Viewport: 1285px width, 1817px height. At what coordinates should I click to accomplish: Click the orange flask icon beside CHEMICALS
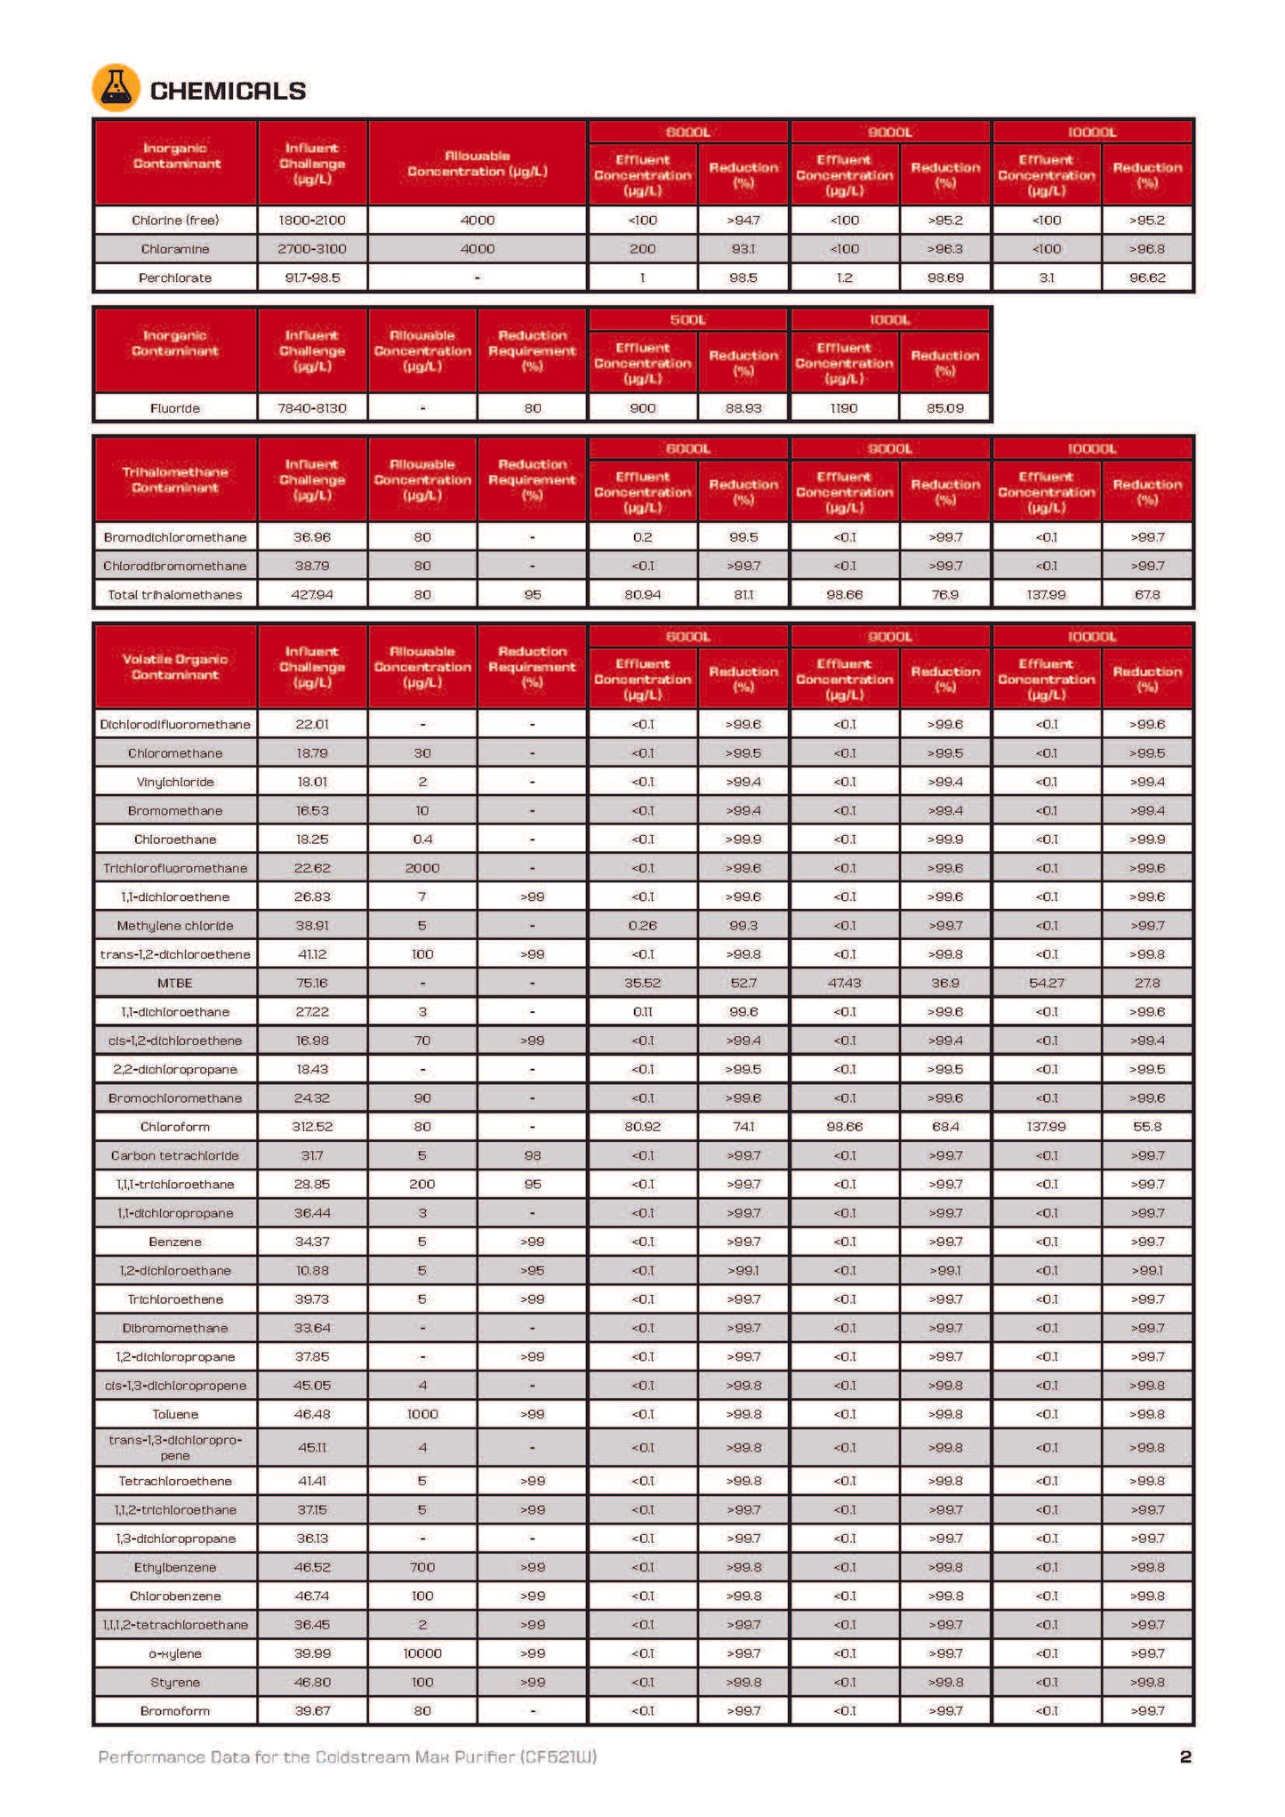(x=116, y=88)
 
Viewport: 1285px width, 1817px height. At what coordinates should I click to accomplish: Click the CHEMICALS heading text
(x=228, y=91)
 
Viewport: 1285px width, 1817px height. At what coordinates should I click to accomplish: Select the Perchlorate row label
(x=175, y=277)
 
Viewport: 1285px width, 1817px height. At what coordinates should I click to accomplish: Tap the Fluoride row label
(x=175, y=408)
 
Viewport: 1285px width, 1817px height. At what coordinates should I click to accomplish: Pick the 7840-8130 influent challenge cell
(x=312, y=408)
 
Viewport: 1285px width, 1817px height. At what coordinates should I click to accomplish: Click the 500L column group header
(x=687, y=319)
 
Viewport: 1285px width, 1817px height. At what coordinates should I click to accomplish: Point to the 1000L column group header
(x=889, y=319)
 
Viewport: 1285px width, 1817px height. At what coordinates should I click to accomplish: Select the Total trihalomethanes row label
(x=175, y=594)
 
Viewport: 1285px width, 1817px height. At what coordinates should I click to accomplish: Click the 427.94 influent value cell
(x=312, y=594)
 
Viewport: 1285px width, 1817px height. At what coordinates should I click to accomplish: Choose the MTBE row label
(x=175, y=983)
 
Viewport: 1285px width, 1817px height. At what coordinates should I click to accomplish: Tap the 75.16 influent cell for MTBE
(x=312, y=983)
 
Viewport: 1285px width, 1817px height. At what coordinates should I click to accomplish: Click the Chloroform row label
(x=175, y=1127)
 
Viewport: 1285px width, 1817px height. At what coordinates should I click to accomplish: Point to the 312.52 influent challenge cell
(x=312, y=1127)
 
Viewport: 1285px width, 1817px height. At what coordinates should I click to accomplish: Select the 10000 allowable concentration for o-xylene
(x=422, y=1653)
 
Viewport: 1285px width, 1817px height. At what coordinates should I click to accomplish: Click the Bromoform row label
(x=175, y=1711)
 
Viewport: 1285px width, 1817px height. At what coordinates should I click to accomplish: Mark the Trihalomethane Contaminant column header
(x=175, y=479)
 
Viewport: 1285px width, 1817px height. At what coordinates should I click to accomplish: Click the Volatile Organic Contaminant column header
(x=175, y=667)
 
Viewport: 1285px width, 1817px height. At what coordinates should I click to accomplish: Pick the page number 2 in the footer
(x=1185, y=1757)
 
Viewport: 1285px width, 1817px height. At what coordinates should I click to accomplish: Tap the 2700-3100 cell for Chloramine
(x=312, y=249)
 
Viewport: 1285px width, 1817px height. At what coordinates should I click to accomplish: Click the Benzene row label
(x=175, y=1242)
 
